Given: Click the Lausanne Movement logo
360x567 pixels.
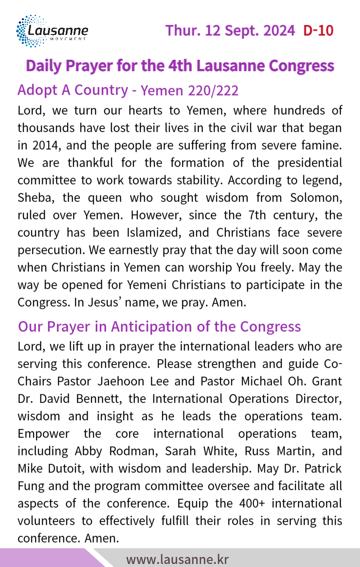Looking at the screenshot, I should [x=52, y=31].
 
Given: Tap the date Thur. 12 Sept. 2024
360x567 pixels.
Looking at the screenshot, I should [x=230, y=31].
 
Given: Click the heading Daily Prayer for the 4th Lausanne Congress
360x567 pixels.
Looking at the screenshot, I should [x=180, y=66].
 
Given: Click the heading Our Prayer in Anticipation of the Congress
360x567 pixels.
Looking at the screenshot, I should [x=160, y=326].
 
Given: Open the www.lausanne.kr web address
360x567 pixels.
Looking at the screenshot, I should [x=177, y=559].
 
